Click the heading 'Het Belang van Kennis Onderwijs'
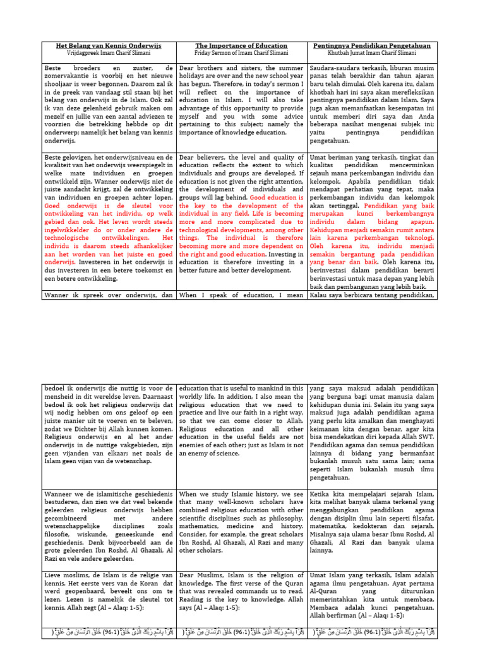point(109,46)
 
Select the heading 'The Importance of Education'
point(241,46)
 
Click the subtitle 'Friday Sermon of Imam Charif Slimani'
point(241,54)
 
